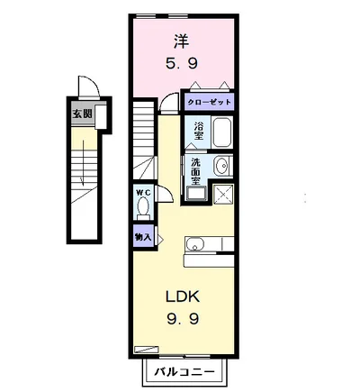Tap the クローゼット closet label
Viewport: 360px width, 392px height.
coord(209,102)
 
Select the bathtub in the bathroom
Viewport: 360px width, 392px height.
coord(222,133)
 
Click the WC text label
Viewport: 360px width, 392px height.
coord(141,192)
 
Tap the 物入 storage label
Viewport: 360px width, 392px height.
coord(141,237)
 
